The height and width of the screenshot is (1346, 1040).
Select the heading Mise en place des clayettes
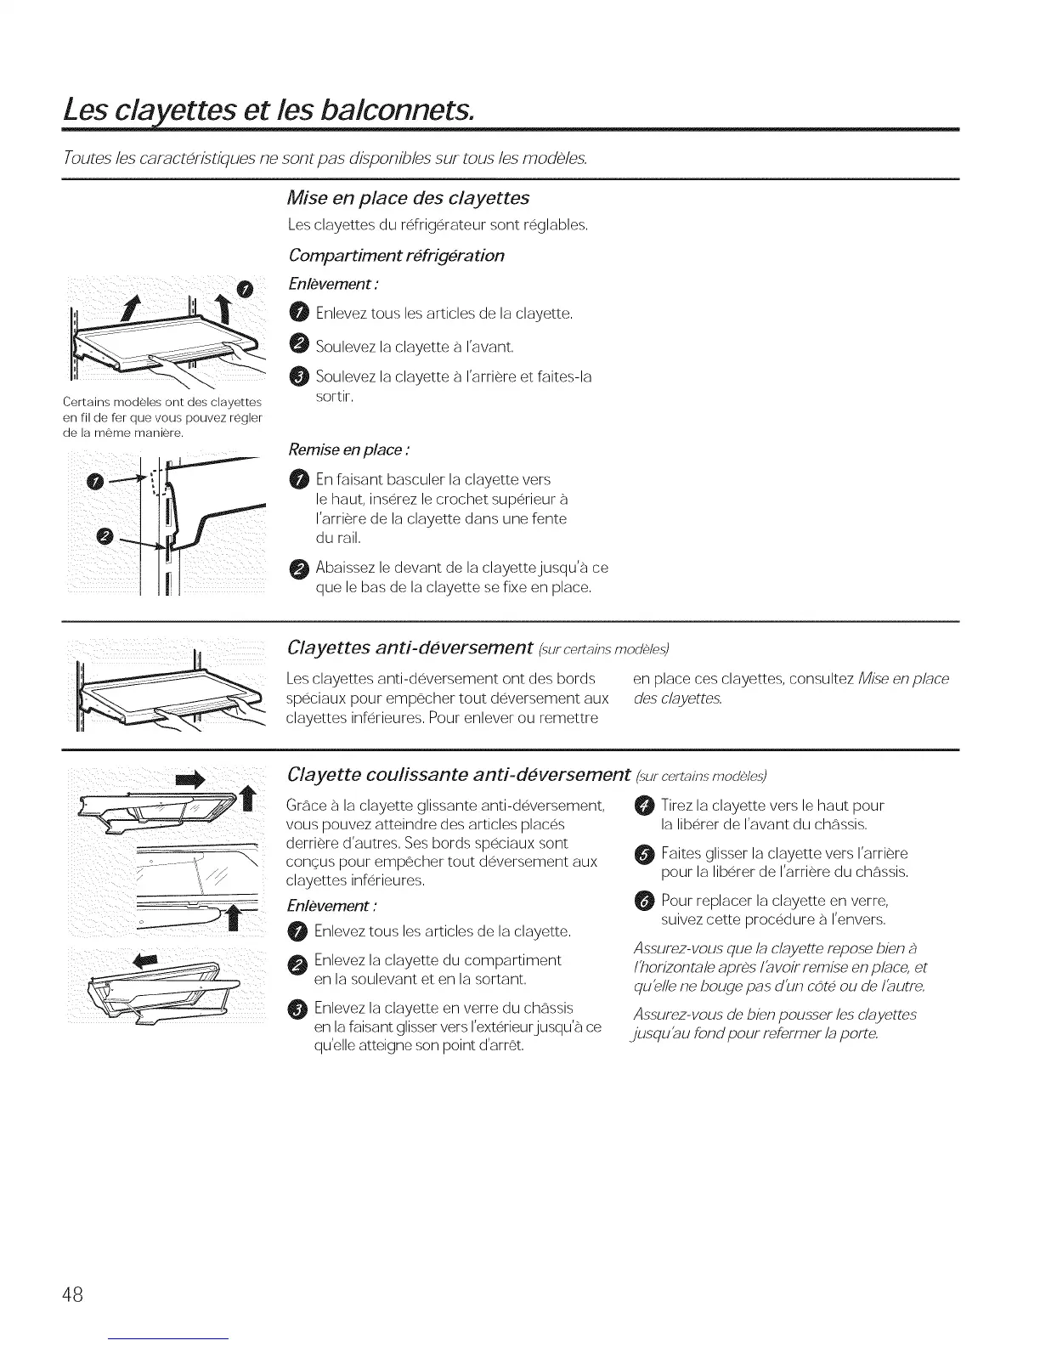(408, 198)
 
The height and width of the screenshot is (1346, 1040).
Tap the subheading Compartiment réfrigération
(396, 256)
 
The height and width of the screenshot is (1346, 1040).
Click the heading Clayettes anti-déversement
(410, 648)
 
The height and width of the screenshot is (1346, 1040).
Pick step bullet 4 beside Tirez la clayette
(643, 806)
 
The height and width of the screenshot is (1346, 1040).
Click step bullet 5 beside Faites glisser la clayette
(643, 853)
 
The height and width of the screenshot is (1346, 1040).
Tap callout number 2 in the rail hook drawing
(105, 535)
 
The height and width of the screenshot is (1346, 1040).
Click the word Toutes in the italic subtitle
(82, 159)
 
